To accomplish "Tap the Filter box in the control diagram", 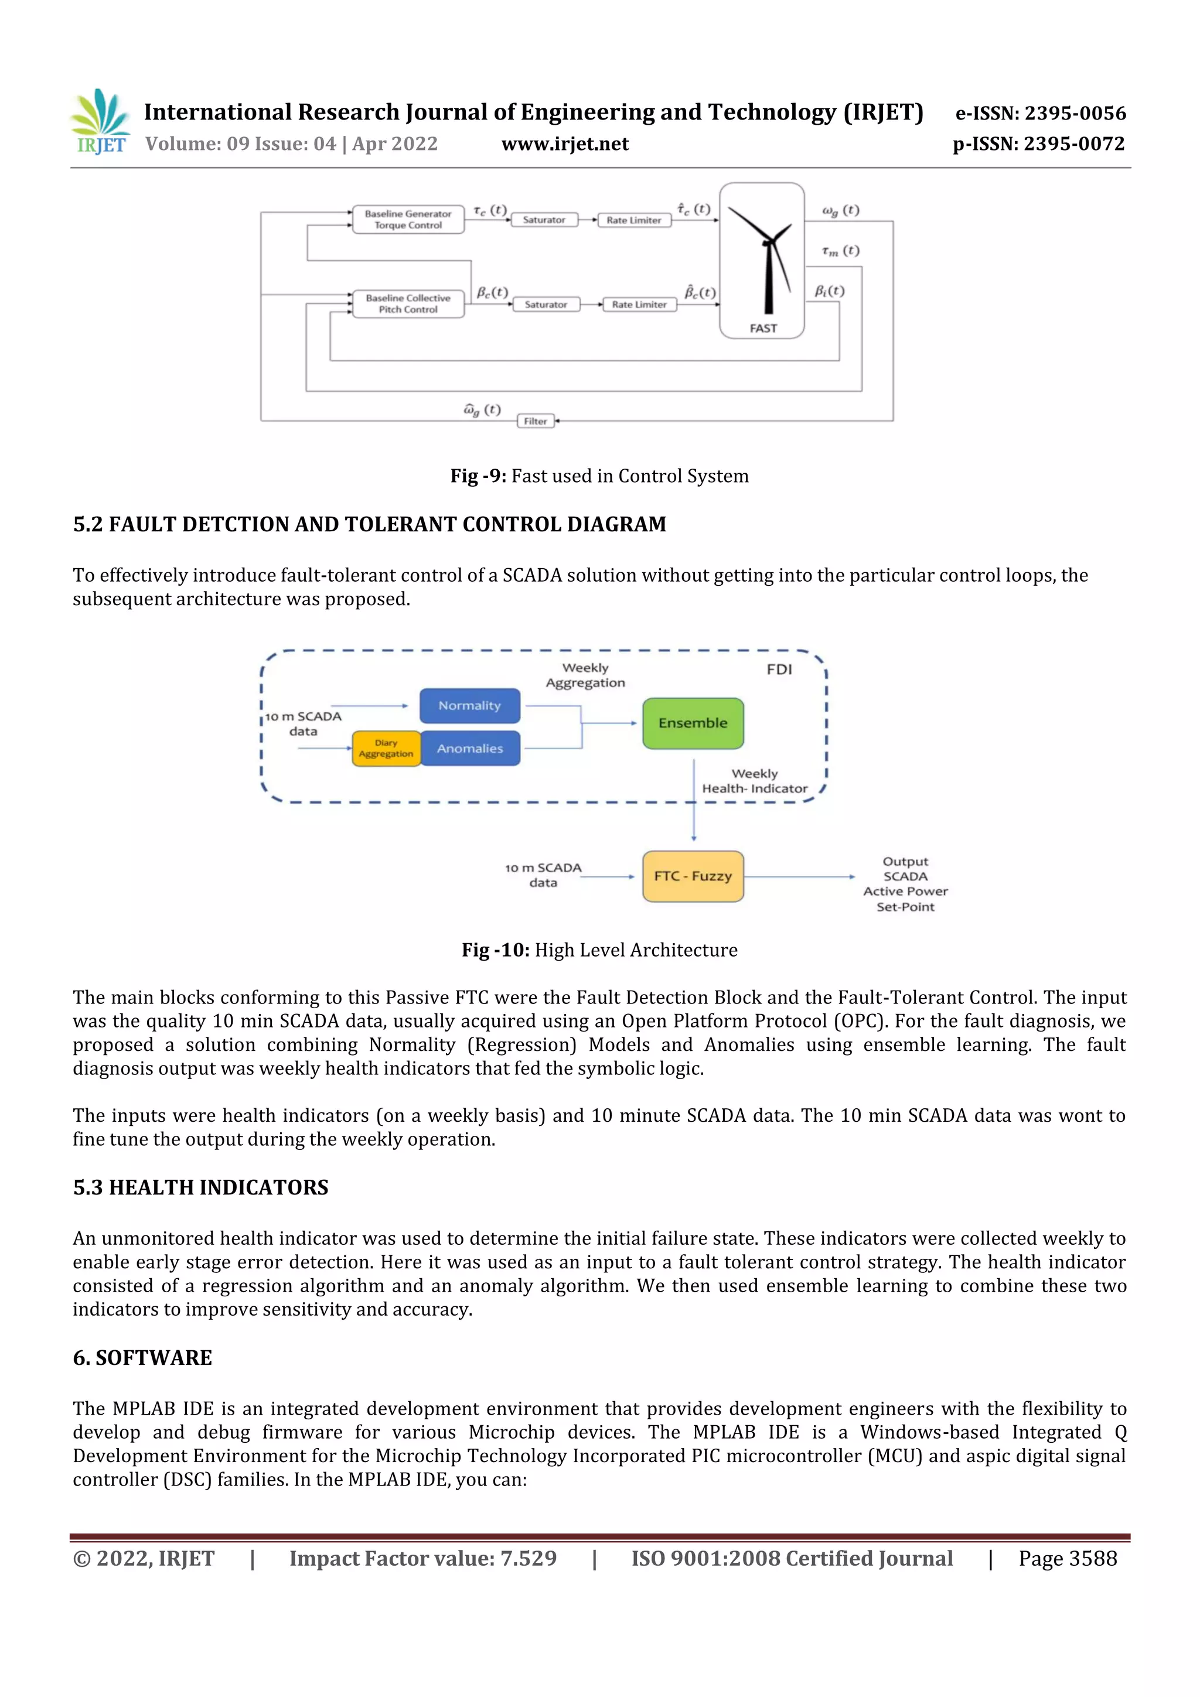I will point(536,421).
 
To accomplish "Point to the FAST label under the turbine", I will point(763,328).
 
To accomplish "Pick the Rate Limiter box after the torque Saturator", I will point(633,220).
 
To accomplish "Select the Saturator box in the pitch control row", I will point(546,305).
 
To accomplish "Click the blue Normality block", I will point(469,706).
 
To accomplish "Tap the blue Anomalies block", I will point(469,749).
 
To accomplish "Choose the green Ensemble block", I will point(693,723).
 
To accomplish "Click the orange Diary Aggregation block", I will point(386,749).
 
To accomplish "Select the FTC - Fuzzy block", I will point(693,876).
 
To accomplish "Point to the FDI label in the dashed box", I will point(779,670).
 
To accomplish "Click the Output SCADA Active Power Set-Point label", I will point(905,884).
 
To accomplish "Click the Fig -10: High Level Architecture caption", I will point(599,950).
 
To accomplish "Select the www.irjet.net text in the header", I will point(565,144).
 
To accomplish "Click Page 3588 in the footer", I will point(1067,1559).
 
